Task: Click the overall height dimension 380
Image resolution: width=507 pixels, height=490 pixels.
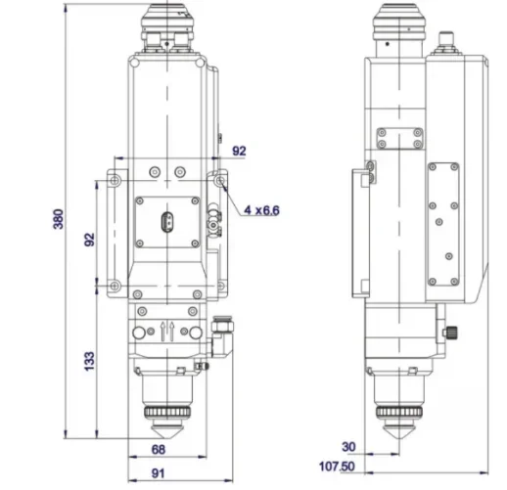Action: coord(58,220)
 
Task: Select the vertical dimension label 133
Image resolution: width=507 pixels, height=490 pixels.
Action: coord(89,361)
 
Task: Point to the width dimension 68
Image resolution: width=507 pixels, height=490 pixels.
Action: coord(158,449)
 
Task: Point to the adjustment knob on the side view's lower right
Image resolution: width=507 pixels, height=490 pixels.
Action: coord(452,332)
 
